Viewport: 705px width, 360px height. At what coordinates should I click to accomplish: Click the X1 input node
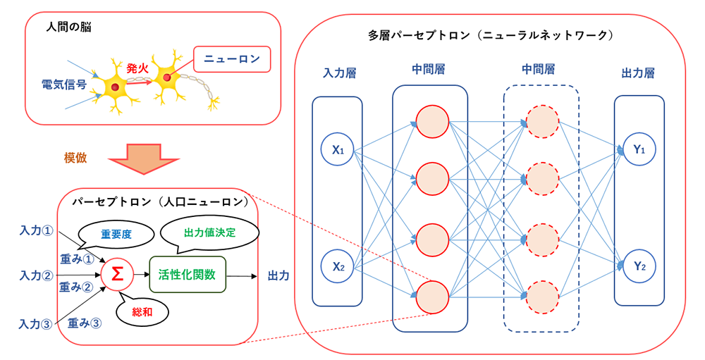pos(337,149)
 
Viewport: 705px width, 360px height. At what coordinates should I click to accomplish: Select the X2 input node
pos(337,266)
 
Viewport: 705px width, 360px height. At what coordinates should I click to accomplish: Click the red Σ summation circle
pos(118,273)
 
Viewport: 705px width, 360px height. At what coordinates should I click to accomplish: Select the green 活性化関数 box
pos(186,273)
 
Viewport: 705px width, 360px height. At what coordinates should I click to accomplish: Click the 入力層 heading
pos(337,73)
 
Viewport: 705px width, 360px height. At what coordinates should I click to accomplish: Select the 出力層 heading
pos(638,73)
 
